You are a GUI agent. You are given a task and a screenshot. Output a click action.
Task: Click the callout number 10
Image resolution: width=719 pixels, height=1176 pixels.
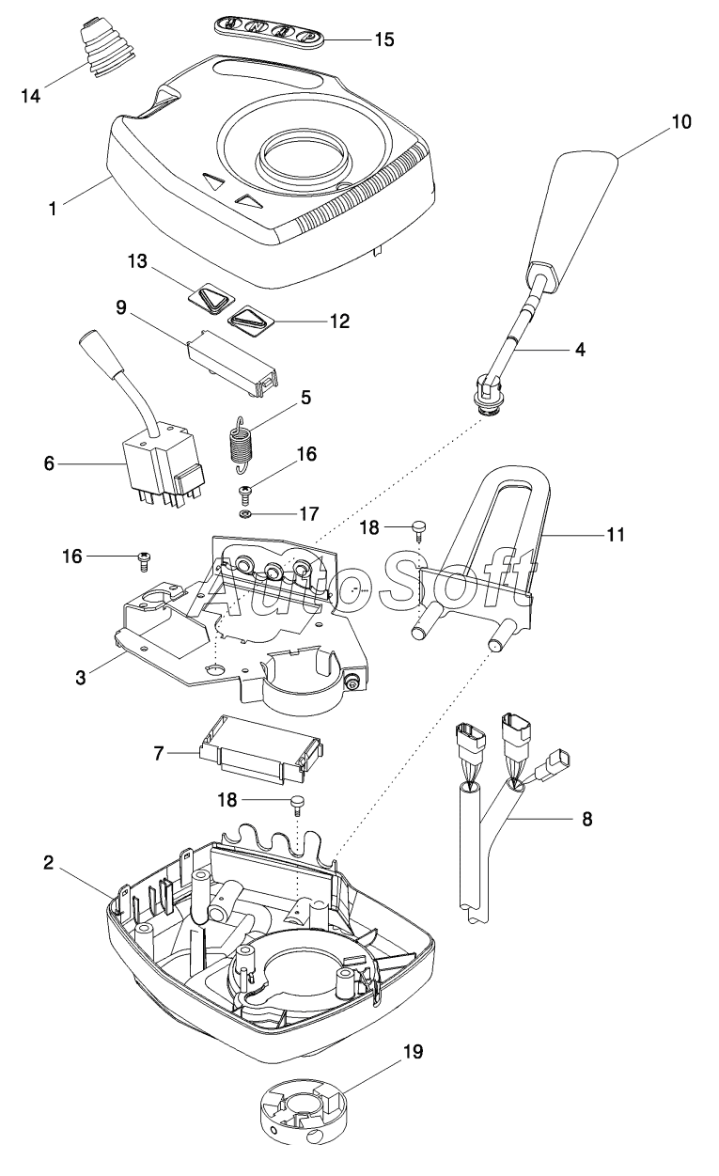point(680,121)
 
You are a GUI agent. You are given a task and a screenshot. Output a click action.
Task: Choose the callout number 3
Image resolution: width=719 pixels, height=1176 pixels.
point(84,675)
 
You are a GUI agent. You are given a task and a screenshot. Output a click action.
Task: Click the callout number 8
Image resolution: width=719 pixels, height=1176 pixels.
point(586,818)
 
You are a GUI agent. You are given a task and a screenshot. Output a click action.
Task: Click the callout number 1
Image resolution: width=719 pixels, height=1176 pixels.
point(54,208)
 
